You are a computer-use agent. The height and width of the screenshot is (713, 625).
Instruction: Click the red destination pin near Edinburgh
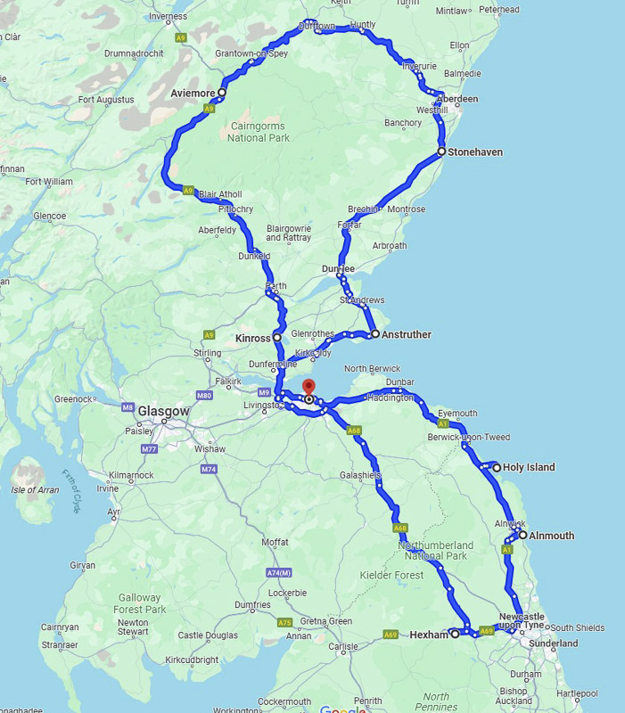(x=308, y=389)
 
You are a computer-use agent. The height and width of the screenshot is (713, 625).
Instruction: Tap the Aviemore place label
(x=193, y=93)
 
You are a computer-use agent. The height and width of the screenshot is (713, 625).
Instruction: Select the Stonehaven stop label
(x=475, y=152)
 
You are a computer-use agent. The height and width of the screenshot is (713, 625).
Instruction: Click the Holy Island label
(x=529, y=467)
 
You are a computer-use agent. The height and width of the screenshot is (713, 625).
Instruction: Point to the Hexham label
(x=428, y=635)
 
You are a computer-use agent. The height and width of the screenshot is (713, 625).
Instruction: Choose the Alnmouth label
(x=552, y=536)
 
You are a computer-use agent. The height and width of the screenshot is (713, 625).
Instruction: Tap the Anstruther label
(x=407, y=335)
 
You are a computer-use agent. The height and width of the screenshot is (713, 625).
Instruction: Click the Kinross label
(x=252, y=339)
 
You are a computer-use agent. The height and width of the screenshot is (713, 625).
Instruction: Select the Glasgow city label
(x=163, y=411)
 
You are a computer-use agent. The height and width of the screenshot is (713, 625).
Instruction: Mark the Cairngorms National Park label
(x=259, y=132)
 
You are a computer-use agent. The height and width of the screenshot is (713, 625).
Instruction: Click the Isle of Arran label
(x=36, y=489)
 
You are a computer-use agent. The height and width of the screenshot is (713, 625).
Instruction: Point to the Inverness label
(x=169, y=16)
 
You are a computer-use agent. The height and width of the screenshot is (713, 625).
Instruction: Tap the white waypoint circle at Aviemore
(x=221, y=92)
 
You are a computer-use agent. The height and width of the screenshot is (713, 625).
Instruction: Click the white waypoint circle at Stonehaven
(x=441, y=152)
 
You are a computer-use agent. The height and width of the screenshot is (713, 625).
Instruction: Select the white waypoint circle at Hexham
(x=455, y=634)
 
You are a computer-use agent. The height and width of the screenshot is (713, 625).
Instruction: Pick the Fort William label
(x=49, y=181)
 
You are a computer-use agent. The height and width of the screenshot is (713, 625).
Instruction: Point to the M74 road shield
(x=209, y=469)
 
